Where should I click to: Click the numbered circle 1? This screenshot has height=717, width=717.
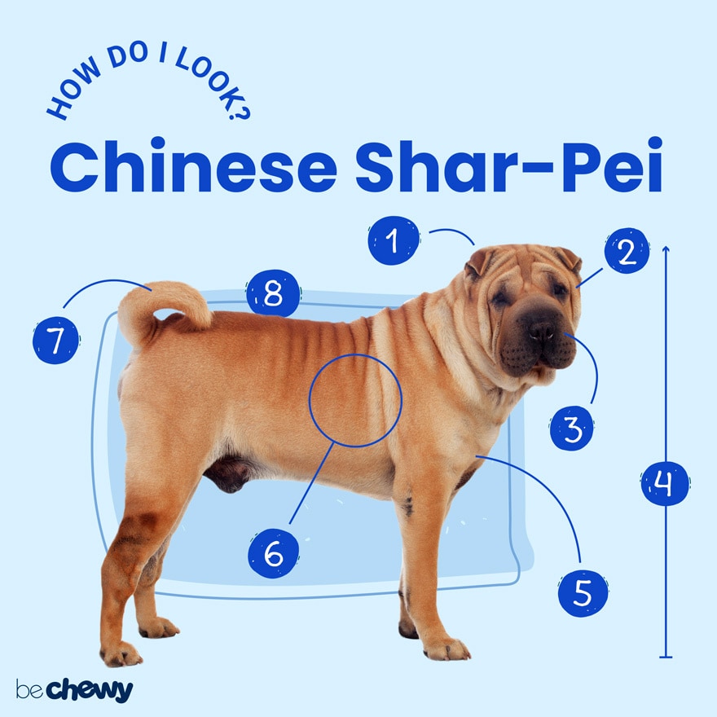[394, 241]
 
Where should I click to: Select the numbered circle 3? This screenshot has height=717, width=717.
[572, 427]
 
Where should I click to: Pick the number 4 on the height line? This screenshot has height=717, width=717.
[666, 483]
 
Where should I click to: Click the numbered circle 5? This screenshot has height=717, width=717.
[583, 592]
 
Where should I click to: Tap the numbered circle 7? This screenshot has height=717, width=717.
[56, 340]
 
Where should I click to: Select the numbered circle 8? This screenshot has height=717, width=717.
[273, 293]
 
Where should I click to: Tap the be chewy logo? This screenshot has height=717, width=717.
[73, 689]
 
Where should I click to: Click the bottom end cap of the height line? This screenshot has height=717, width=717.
[666, 656]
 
